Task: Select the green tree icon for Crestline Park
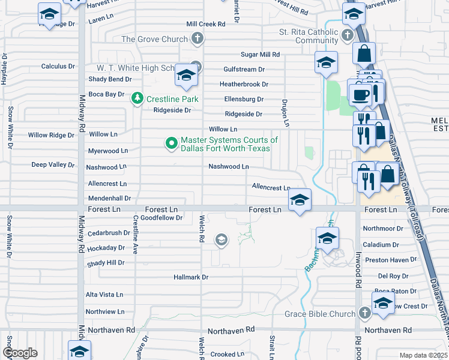[x=137, y=98]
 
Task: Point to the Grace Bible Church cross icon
[x=364, y=313]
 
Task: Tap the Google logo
[x=20, y=353]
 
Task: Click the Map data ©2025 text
[x=423, y=355]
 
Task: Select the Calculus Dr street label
[x=58, y=66]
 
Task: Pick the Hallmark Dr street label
[x=190, y=277]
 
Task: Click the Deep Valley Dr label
[x=53, y=164]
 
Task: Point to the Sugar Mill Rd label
[x=261, y=54]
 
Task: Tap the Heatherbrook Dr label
[x=244, y=84]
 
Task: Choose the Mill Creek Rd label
[x=205, y=24]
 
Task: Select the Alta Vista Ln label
[x=104, y=295]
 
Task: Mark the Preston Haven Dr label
[x=390, y=260]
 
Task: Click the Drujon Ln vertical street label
[x=286, y=113]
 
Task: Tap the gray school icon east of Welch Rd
[x=221, y=241]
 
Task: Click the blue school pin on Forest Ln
[x=299, y=200]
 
